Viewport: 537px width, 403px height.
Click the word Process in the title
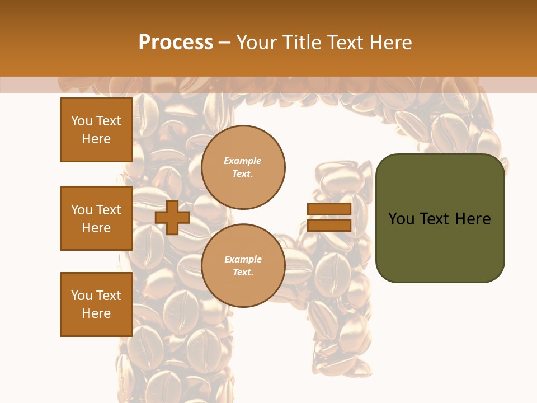coord(176,43)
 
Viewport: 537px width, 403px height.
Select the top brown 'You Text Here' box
coord(96,130)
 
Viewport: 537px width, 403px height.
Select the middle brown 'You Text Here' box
coord(96,218)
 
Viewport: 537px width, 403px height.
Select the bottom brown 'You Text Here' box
coord(96,304)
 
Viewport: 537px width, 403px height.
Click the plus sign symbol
coord(172,217)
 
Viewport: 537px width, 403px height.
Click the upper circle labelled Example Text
coord(243,167)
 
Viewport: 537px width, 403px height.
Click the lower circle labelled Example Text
coord(243,266)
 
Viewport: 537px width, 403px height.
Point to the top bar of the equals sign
coord(329,209)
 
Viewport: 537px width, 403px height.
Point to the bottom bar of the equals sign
coord(329,225)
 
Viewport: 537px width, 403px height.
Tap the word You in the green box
coord(402,219)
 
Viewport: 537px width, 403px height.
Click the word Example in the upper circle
coord(243,161)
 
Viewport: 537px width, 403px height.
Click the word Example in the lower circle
coord(243,259)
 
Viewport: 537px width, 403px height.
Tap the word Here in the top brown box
coord(96,139)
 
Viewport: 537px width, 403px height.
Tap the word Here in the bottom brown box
coord(96,313)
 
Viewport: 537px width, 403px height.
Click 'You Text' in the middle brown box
coord(96,210)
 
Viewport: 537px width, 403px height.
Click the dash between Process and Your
coord(225,43)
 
